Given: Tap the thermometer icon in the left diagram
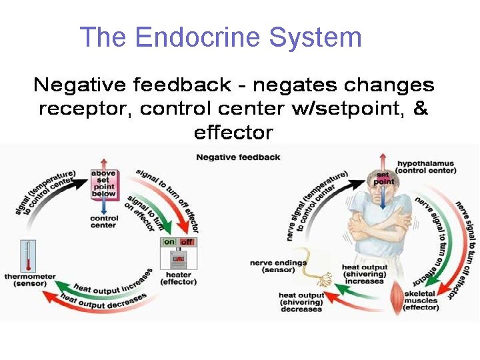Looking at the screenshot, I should (x=28, y=256).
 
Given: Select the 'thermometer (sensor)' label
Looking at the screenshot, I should (x=29, y=280).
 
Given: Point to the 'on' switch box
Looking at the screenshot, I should (x=169, y=242).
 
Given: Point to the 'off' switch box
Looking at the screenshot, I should (x=187, y=242).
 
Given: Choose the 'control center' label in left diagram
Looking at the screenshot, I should (x=104, y=221).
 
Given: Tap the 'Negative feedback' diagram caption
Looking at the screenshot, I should (x=238, y=157).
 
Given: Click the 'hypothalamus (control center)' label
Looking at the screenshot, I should (x=427, y=166).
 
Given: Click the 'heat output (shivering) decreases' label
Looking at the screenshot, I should (x=301, y=302).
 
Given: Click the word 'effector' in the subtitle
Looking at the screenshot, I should (x=233, y=133).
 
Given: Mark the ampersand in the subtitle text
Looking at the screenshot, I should (x=420, y=108).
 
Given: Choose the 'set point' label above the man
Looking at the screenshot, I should (x=384, y=178).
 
